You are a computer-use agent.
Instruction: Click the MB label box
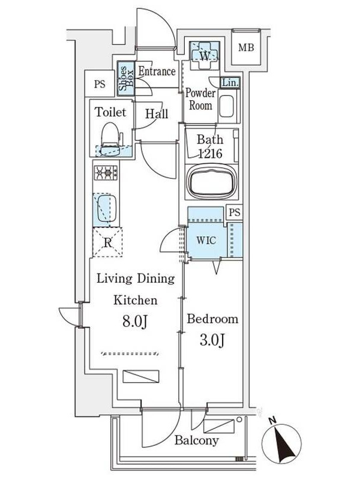click(x=246, y=47)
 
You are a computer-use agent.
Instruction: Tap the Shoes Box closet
click(x=126, y=79)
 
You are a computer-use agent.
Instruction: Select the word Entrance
click(x=157, y=71)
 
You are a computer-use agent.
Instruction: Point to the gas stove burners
click(x=106, y=173)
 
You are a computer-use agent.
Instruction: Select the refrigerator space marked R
click(x=107, y=242)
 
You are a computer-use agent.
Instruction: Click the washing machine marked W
click(x=205, y=55)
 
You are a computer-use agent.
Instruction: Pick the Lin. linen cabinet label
click(x=230, y=83)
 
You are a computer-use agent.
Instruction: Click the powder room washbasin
click(x=227, y=107)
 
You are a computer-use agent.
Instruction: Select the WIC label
click(x=206, y=241)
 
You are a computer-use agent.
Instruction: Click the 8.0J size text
click(x=136, y=321)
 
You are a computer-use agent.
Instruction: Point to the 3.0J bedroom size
click(x=212, y=340)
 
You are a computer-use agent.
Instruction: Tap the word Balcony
click(x=197, y=440)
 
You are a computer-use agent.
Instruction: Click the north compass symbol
click(x=281, y=443)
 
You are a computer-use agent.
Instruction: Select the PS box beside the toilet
click(x=100, y=84)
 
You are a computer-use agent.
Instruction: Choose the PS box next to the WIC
click(x=235, y=212)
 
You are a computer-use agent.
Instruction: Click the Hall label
click(x=157, y=114)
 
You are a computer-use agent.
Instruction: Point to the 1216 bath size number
click(x=211, y=154)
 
